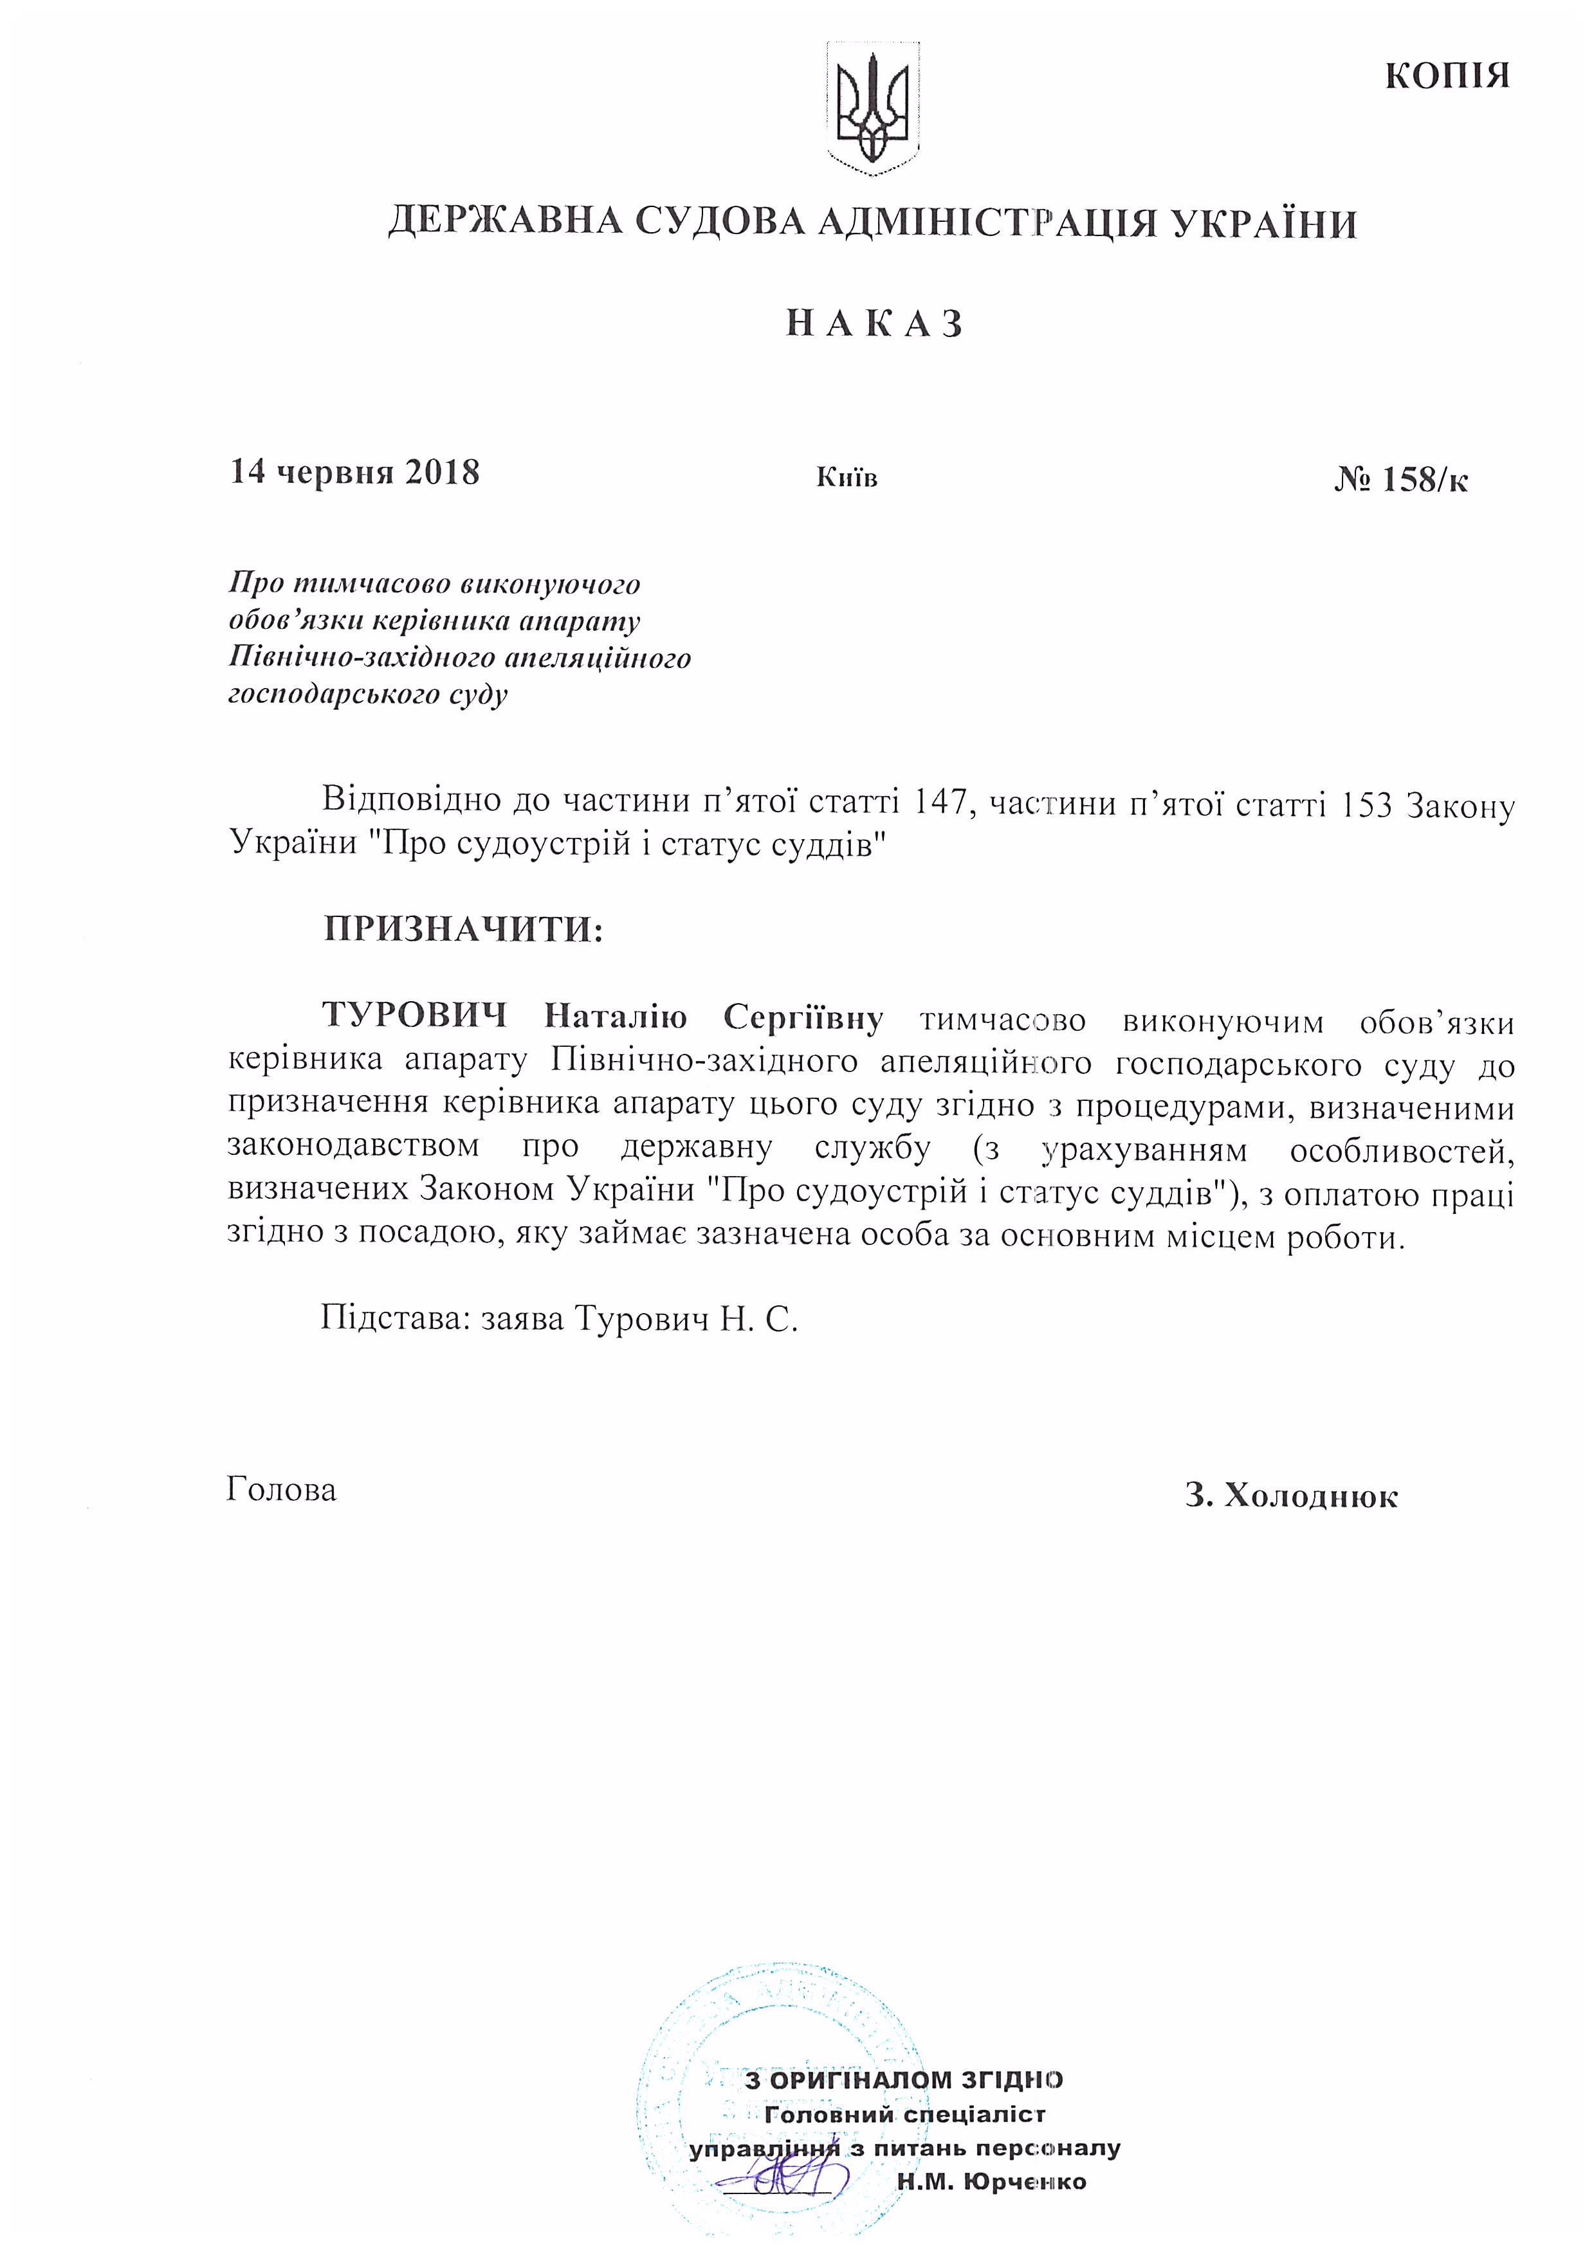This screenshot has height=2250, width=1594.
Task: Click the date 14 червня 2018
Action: [354, 473]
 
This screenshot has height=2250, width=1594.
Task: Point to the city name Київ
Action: [846, 478]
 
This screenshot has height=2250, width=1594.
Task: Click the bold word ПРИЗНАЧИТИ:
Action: [463, 927]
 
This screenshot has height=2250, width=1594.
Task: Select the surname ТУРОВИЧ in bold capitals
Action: [414, 1015]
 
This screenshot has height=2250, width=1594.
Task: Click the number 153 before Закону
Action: [1362, 804]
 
